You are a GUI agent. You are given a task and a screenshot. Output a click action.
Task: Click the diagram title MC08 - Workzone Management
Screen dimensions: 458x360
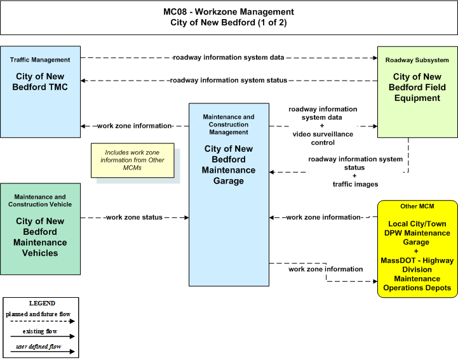229,11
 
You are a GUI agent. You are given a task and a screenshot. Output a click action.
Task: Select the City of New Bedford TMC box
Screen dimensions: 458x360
40,91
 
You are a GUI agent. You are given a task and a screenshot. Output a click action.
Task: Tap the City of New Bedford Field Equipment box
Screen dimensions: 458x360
417,92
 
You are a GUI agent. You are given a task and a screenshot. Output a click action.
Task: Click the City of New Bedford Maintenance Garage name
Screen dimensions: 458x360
229,164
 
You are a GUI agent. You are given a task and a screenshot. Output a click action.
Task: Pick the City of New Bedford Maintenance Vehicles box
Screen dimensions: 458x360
40,229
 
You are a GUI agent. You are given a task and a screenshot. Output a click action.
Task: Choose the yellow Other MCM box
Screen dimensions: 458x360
417,249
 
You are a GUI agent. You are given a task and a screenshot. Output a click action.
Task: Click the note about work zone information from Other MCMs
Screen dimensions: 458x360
133,160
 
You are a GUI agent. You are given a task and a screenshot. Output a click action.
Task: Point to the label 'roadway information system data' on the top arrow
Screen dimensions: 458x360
229,58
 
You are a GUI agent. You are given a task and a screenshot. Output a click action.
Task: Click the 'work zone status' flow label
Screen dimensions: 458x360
134,218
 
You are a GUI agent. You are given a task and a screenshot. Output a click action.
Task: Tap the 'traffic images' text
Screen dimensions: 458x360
355,184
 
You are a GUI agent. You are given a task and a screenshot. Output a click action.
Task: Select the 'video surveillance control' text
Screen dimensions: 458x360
323,138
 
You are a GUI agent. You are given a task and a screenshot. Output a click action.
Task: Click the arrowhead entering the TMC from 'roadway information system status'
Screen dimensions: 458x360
83,81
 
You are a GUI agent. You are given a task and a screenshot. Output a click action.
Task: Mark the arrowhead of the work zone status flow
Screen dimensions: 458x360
186,218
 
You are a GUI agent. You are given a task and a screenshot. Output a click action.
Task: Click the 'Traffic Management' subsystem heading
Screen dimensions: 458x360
40,60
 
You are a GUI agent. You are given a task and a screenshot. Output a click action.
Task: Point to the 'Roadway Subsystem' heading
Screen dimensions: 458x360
417,60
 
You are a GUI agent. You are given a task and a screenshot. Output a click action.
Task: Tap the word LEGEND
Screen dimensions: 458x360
42,303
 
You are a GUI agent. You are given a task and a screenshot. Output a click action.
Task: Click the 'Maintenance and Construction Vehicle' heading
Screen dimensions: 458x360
40,201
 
